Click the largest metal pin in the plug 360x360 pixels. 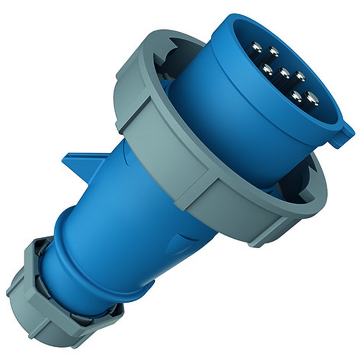[x=311, y=98]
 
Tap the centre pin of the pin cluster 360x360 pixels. [x=284, y=73]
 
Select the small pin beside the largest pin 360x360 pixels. [x=296, y=95]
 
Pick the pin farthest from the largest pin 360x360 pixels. [x=256, y=46]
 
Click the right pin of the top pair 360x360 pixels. [x=274, y=51]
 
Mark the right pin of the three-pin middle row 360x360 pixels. [x=300, y=76]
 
